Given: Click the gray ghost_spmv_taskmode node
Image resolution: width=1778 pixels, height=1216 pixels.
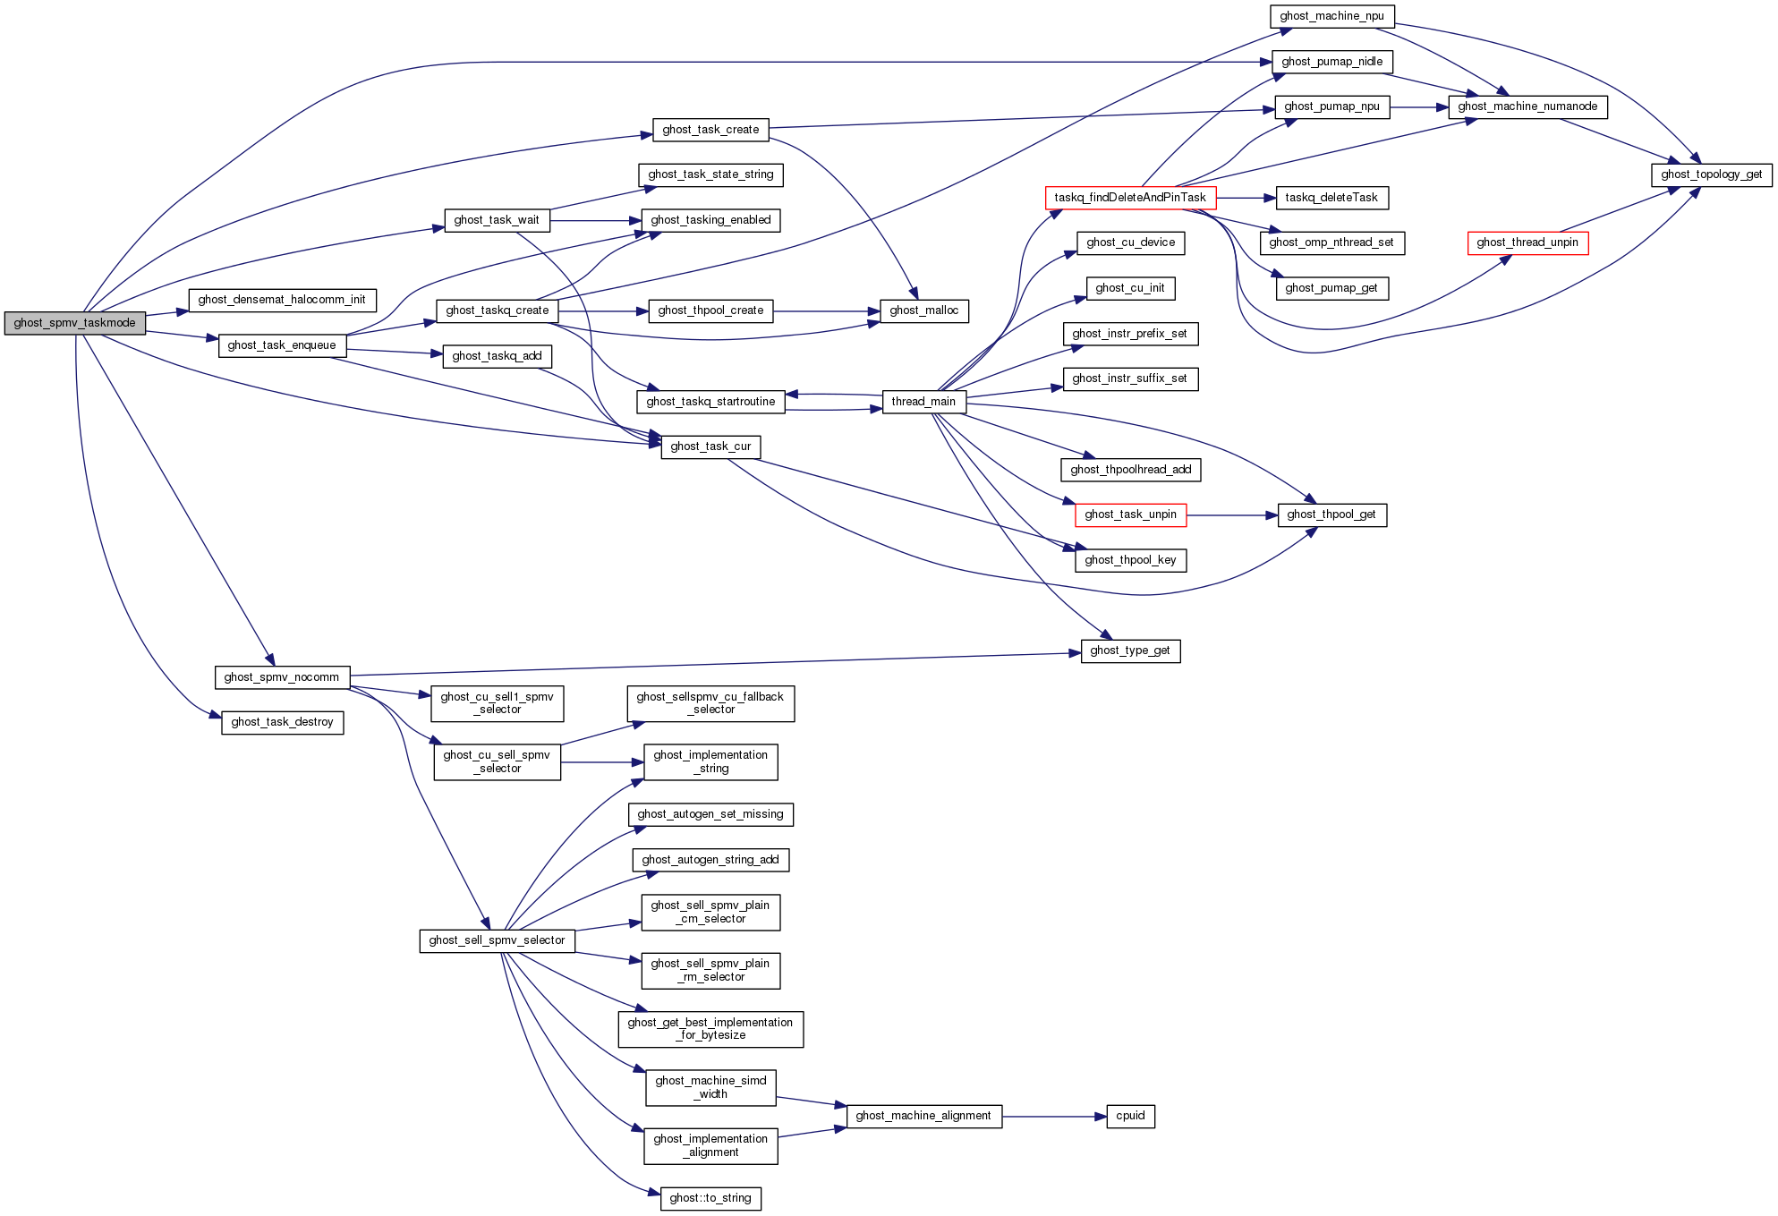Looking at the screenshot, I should [x=75, y=323].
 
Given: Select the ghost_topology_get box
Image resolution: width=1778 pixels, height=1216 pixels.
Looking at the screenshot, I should [x=1711, y=174].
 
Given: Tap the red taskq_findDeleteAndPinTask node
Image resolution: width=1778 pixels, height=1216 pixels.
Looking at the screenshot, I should [x=1130, y=198].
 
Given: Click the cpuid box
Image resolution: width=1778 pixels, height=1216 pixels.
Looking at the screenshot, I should [x=1130, y=1116].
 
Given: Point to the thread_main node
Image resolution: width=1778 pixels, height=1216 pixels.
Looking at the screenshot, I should [x=923, y=402].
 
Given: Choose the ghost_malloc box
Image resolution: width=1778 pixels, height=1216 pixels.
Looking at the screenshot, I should [x=923, y=310].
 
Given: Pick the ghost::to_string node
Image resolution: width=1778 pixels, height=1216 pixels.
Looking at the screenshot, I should [x=710, y=1198].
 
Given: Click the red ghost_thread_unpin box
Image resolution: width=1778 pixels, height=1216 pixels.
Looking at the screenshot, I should [x=1527, y=242].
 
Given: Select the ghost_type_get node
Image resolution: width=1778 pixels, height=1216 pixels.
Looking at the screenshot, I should [x=1130, y=651].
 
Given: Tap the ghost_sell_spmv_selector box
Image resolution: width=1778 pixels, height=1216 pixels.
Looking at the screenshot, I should [x=497, y=940].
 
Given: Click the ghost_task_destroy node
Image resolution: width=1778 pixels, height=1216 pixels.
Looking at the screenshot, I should [x=282, y=722].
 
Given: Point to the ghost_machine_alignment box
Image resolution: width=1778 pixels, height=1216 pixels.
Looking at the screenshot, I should [x=923, y=1116].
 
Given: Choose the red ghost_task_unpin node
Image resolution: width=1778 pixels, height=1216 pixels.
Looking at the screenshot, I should [x=1130, y=514].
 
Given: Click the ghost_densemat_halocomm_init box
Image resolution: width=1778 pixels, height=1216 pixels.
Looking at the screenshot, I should [x=282, y=300].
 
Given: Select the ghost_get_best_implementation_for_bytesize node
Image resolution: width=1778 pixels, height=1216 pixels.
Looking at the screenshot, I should [x=710, y=1029].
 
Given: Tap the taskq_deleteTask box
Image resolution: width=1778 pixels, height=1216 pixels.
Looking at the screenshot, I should [x=1331, y=198].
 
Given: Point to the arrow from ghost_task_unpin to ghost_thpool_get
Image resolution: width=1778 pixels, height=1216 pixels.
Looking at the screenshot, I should [x=1231, y=515].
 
